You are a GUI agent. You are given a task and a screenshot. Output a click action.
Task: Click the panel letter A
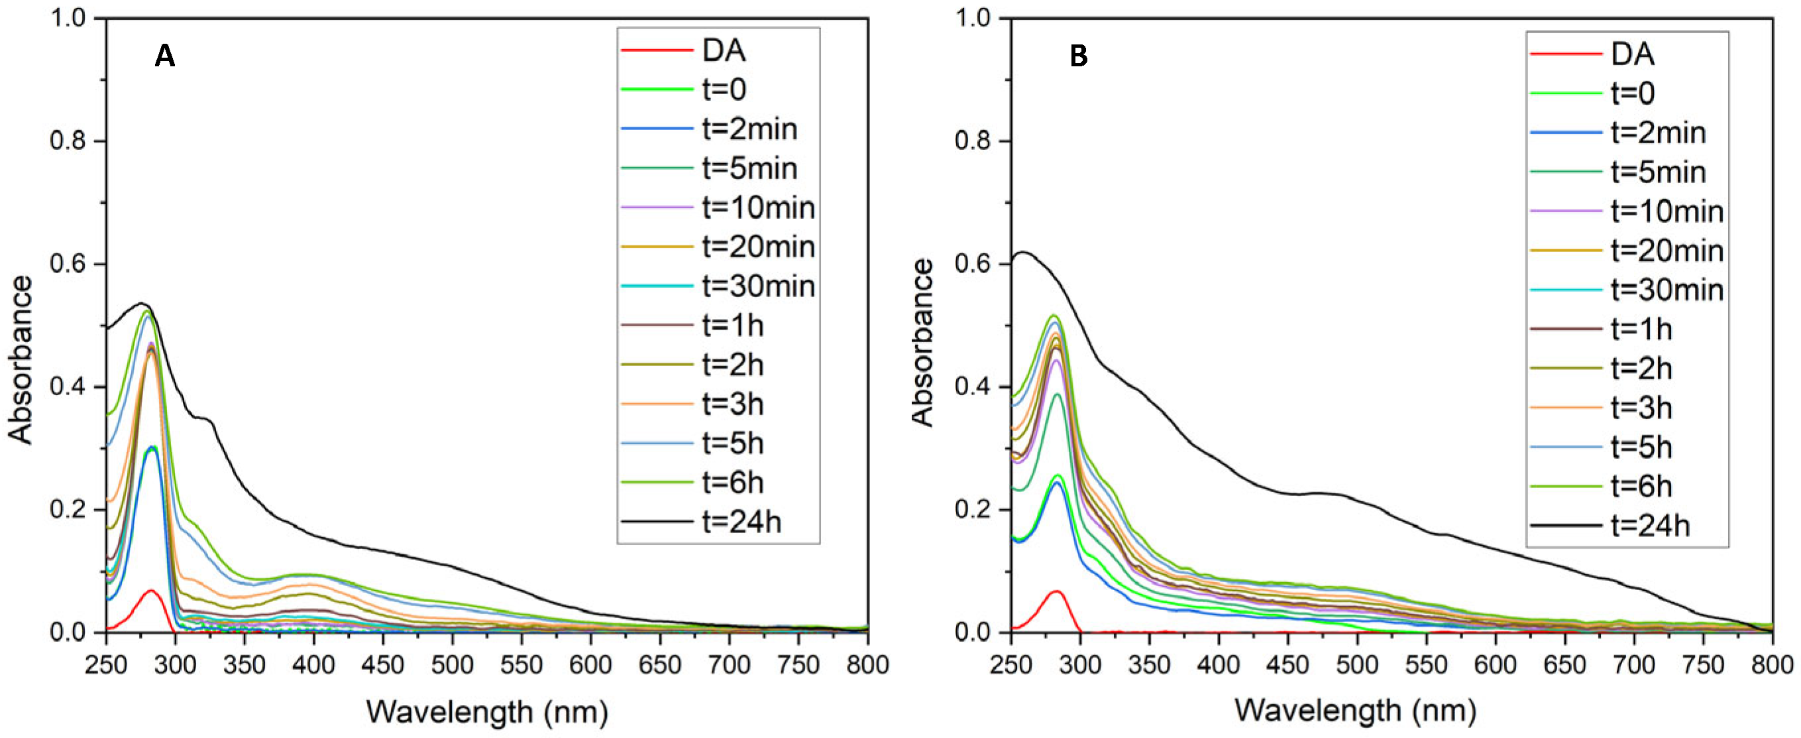tap(164, 56)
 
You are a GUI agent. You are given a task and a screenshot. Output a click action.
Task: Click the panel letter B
tap(1078, 56)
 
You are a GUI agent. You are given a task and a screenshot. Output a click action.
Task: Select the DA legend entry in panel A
tap(724, 50)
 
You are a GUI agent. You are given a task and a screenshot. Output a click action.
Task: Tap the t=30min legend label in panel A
tap(759, 286)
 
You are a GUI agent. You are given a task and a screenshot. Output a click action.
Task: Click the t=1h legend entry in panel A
tap(733, 326)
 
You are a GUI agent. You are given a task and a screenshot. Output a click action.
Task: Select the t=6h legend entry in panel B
tap(1641, 486)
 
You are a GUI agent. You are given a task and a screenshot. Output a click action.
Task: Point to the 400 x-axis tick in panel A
tap(314, 664)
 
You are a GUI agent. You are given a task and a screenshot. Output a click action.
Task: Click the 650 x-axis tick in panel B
tap(1564, 664)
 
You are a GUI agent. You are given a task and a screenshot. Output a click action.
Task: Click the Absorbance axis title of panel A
tap(21, 359)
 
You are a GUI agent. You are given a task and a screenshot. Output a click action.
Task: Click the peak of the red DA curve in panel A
tap(150, 590)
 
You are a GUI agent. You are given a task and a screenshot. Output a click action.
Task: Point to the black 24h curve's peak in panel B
tap(1023, 252)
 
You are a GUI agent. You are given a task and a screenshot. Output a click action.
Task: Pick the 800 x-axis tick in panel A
tap(867, 664)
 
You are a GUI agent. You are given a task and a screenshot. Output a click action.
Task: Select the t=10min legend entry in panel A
tap(759, 208)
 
